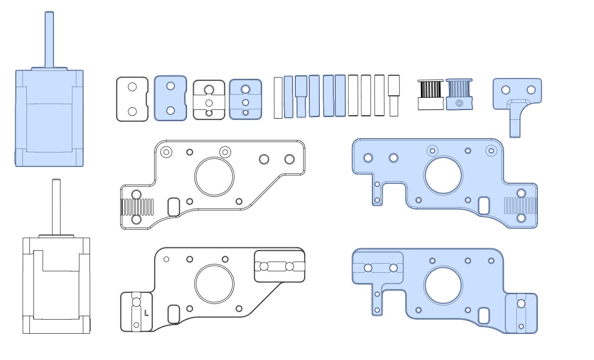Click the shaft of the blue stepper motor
[49, 39]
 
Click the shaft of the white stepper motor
[56, 207]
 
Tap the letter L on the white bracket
[146, 313]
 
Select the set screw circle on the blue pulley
[459, 103]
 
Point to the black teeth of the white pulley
[431, 89]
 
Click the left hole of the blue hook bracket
[506, 90]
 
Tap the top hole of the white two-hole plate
[132, 87]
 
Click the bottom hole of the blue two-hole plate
[171, 111]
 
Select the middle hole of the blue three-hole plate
[246, 102]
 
